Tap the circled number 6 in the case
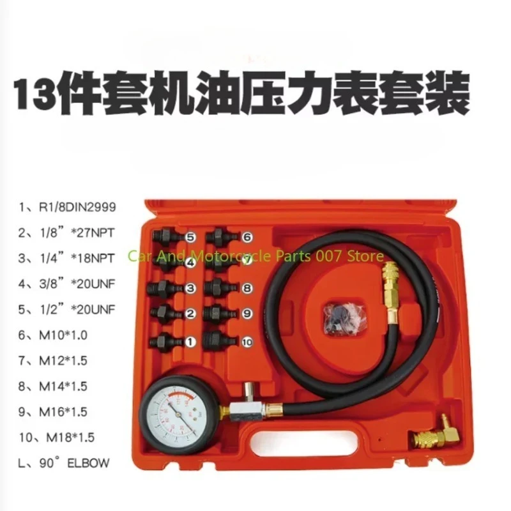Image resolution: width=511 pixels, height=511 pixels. (247, 236)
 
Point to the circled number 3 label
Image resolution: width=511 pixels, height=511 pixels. (190, 289)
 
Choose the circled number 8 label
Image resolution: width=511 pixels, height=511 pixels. (247, 289)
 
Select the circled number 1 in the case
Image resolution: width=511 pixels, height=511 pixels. (190, 342)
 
